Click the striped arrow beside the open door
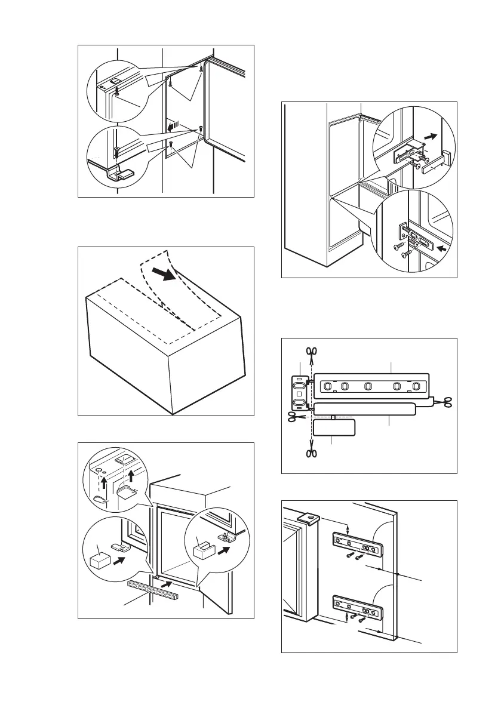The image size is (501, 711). coord(174,126)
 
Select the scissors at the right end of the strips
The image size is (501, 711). coord(444,404)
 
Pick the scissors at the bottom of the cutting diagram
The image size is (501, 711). coord(311,453)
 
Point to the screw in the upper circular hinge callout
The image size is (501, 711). coord(118,90)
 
